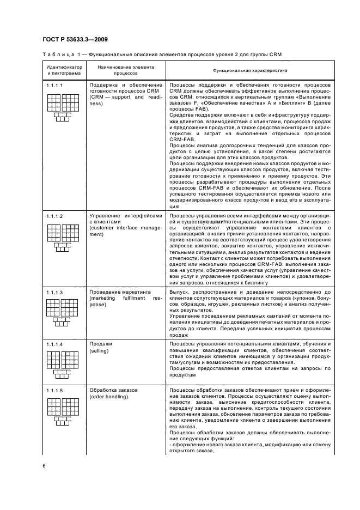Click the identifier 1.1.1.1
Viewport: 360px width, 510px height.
[54, 86]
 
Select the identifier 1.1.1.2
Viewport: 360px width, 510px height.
[54, 216]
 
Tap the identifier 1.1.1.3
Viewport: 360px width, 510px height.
[54, 293]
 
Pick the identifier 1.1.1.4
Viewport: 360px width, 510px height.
[54, 344]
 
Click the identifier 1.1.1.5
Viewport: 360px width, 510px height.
[54, 391]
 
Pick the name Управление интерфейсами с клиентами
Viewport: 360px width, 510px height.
[125, 219]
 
